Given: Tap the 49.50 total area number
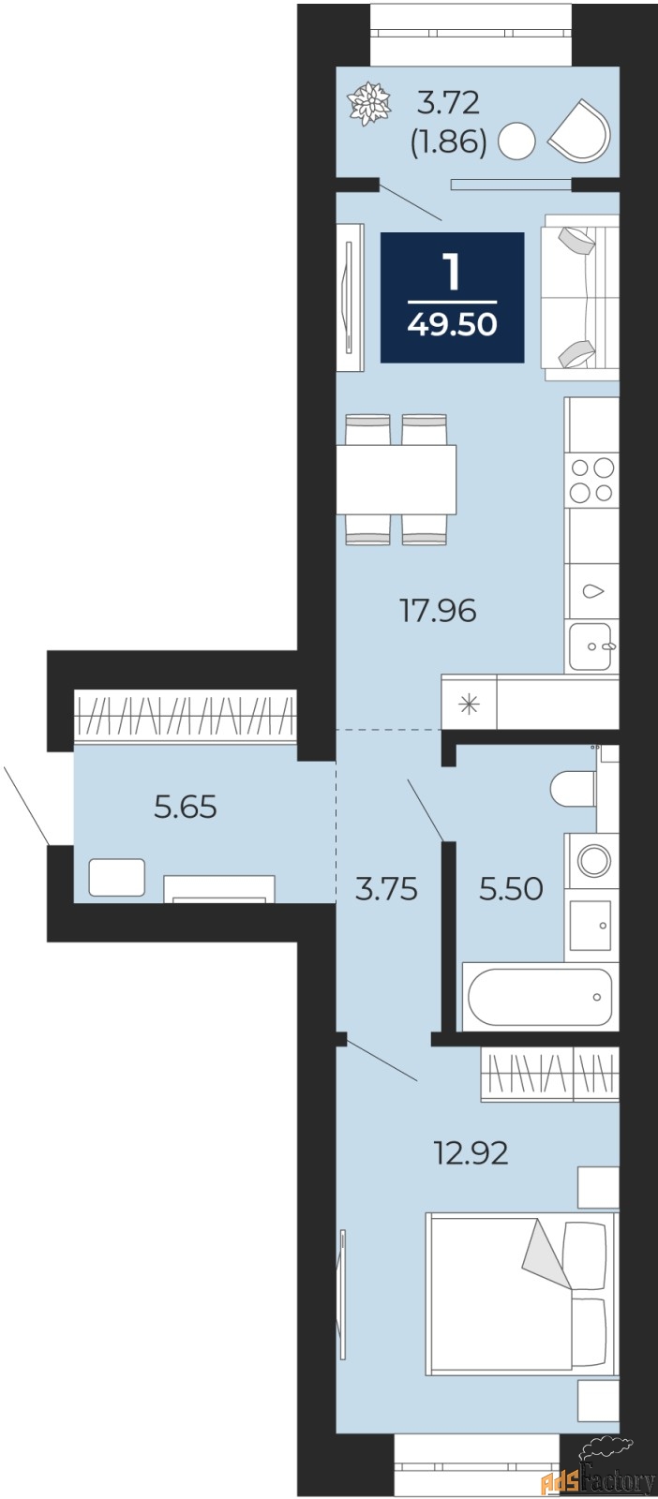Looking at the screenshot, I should (452, 324).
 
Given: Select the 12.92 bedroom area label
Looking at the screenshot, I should (471, 1152).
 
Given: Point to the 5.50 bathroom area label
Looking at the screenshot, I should (511, 888).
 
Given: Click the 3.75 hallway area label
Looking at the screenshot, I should (386, 888).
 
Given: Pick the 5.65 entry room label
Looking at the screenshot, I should (186, 806).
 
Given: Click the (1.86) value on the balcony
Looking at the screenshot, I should (448, 141).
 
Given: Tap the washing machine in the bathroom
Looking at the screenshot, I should (591, 859).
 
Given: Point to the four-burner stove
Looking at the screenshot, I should (591, 480).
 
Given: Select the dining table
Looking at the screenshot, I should (396, 479).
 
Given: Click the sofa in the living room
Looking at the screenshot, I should (580, 297).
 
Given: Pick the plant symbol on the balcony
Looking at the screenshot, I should (369, 103).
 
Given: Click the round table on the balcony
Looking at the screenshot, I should (516, 142).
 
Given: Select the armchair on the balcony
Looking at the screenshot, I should (580, 129).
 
